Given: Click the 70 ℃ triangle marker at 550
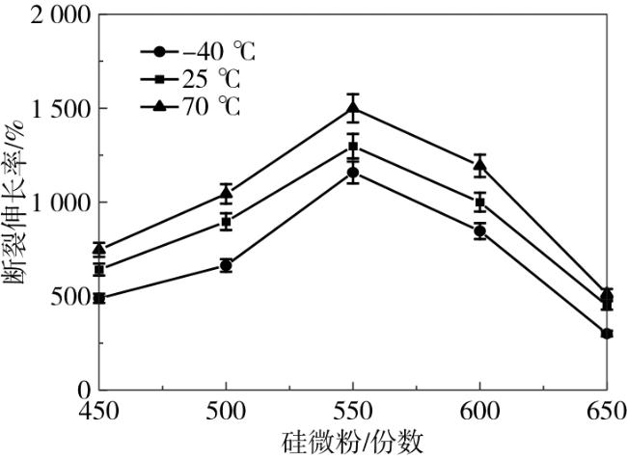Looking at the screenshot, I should tap(353, 107).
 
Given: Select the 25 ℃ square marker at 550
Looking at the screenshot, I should tap(353, 146).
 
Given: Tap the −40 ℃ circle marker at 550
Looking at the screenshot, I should tap(353, 173).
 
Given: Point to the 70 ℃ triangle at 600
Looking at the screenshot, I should tap(480, 165).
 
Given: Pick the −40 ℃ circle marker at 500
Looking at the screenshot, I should tap(226, 265).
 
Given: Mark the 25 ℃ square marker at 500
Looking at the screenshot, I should tap(226, 222).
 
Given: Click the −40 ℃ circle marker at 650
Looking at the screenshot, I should tap(607, 334).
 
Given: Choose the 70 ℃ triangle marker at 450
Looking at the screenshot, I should tap(99, 249).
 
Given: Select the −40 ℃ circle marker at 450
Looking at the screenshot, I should tap(99, 299).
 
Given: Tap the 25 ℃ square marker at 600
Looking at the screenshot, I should tap(480, 202).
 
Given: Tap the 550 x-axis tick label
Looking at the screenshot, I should tap(353, 409).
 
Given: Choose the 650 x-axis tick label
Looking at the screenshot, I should tap(605, 409).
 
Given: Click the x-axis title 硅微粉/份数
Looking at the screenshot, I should tap(353, 441).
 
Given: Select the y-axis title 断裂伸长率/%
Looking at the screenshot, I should tap(16, 202).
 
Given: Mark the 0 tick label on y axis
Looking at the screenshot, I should tap(82, 390).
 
